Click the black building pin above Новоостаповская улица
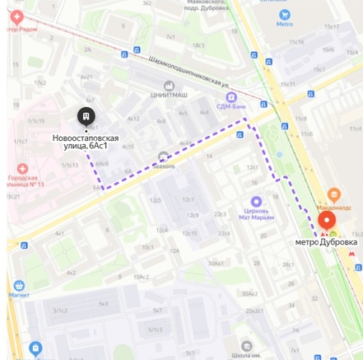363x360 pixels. pyautogui.click(x=86, y=116)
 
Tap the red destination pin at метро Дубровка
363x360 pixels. pyautogui.click(x=327, y=220)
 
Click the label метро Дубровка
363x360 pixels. pyautogui.click(x=326, y=242)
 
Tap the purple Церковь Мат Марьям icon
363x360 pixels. pyautogui.click(x=256, y=202)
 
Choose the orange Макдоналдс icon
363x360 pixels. pyautogui.click(x=333, y=195)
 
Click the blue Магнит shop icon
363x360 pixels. pyautogui.click(x=19, y=286)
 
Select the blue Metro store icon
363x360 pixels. pyautogui.click(x=284, y=15)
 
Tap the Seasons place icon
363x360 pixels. pyautogui.click(x=163, y=157)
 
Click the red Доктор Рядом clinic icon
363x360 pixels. pyautogui.click(x=16, y=17)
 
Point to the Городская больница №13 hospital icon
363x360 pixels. pyautogui.click(x=22, y=168)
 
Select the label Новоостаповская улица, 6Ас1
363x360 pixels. pyautogui.click(x=86, y=142)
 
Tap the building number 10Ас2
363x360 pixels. pyautogui.click(x=141, y=277)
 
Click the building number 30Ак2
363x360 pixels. pyautogui.click(x=249, y=293)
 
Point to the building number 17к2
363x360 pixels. pyautogui.click(x=40, y=82)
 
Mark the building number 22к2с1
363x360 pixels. pyautogui.click(x=254, y=311)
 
